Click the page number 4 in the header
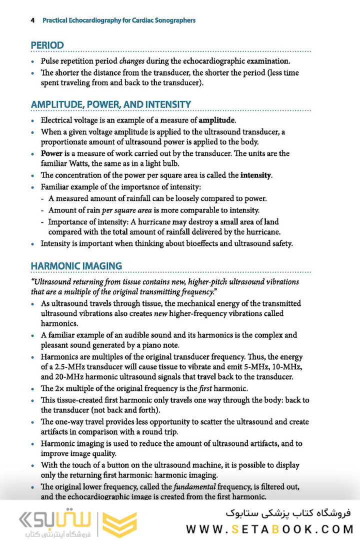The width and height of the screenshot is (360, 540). pyautogui.click(x=32, y=20)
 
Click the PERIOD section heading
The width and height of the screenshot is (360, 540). pyautogui.click(x=47, y=45)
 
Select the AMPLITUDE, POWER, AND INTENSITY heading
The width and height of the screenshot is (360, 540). pyautogui.click(x=111, y=104)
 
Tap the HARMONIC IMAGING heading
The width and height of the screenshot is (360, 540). pyautogui.click(x=76, y=265)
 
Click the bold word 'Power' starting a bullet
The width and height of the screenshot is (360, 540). pyautogui.click(x=51, y=153)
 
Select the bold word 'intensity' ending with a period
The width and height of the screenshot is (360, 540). pyautogui.click(x=256, y=175)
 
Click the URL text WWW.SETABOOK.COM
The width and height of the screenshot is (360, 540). pyautogui.click(x=269, y=528)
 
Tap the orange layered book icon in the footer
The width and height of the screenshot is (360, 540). pyautogui.click(x=119, y=524)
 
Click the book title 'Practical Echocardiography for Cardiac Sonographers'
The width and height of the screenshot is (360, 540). pyautogui.click(x=119, y=20)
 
